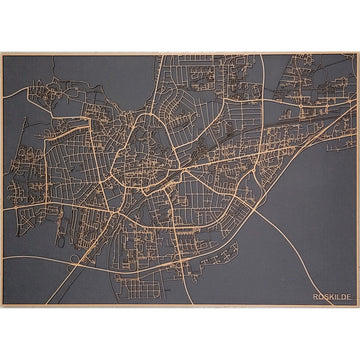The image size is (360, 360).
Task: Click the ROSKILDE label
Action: pyautogui.click(x=331, y=297)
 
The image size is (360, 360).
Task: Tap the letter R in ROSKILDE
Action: pyautogui.click(x=314, y=297)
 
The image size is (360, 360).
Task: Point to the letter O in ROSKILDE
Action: pyautogui.click(x=320, y=297)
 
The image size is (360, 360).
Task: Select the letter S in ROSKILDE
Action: pyautogui.click(x=325, y=297)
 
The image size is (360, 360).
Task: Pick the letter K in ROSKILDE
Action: pyautogui.click(x=330, y=297)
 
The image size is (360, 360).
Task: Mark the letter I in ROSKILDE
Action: pyautogui.click(x=334, y=297)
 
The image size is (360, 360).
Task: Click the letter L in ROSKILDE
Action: pyautogui.click(x=337, y=297)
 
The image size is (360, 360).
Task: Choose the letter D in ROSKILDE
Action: pyautogui.click(x=342, y=297)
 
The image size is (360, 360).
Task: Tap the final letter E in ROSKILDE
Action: pyautogui.click(x=348, y=297)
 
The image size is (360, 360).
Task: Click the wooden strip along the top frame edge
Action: pyautogui.click(x=180, y=54)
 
